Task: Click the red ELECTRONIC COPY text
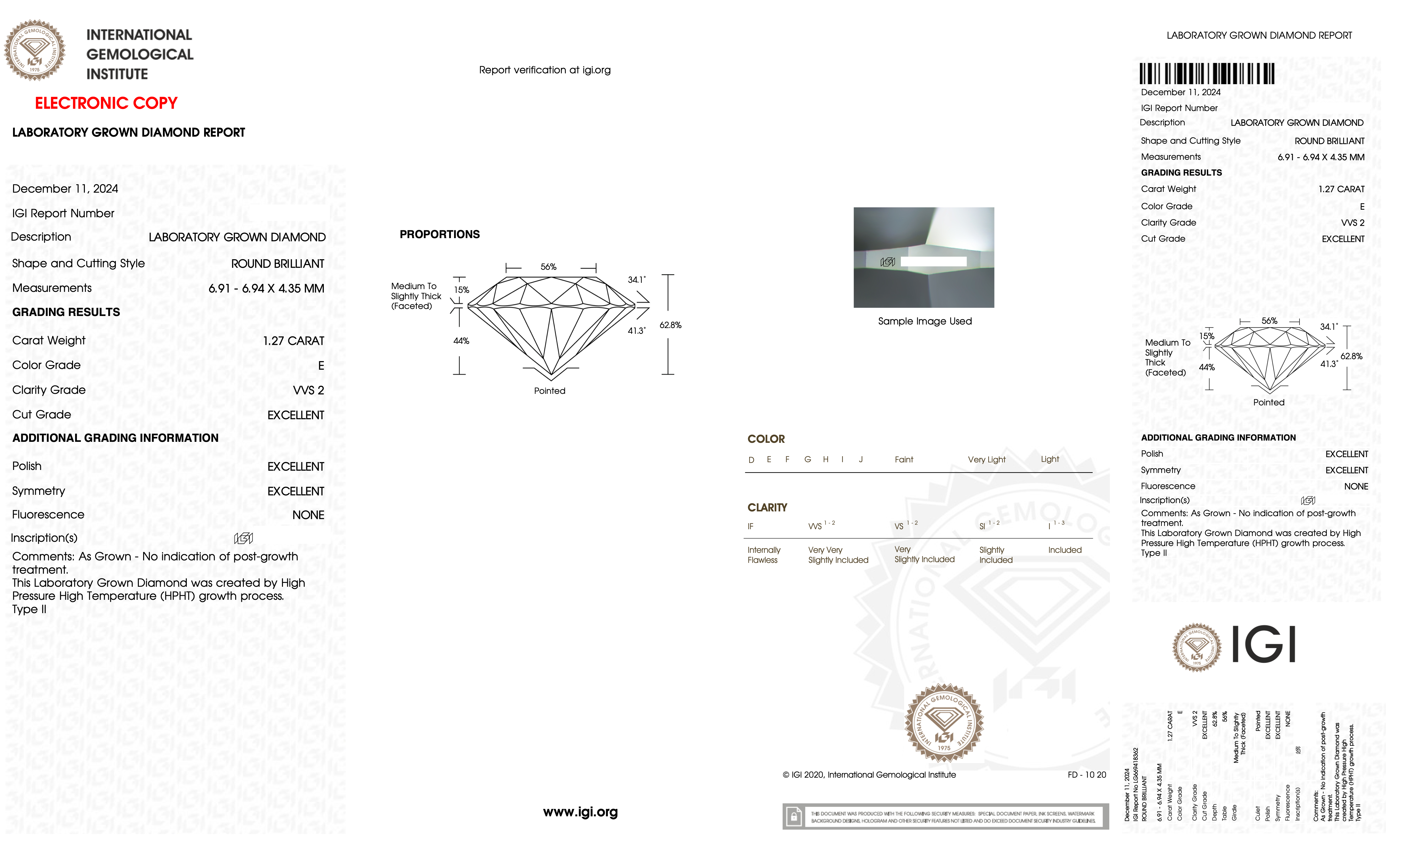[x=106, y=103]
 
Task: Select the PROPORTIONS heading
[x=439, y=235]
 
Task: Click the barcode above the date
[x=1207, y=74]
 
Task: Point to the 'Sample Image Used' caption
[x=924, y=322]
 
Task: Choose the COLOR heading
[x=766, y=439]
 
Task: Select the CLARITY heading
[x=767, y=507]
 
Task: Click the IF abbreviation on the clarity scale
[x=750, y=526]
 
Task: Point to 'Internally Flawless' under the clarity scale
[x=764, y=555]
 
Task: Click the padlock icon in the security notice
[x=793, y=817]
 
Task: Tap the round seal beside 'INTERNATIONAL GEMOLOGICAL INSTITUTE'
[x=35, y=50]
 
